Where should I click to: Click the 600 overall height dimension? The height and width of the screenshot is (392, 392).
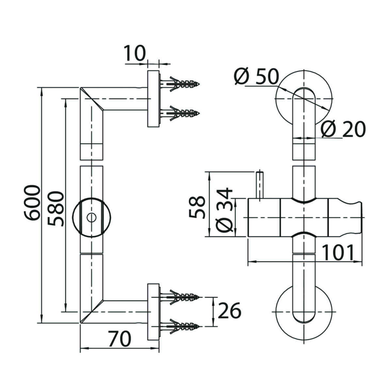[32, 203]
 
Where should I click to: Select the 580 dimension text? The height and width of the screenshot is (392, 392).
[55, 209]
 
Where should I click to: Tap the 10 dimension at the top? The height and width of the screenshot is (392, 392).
[135, 53]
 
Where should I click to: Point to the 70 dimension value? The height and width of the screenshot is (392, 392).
[120, 339]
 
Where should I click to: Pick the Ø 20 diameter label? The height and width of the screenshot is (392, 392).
[343, 129]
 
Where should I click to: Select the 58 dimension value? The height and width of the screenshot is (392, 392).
[197, 207]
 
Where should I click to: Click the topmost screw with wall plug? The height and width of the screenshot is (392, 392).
[180, 84]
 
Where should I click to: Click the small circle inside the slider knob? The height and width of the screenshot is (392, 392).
[91, 218]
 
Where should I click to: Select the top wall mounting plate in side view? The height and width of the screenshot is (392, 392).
[154, 99]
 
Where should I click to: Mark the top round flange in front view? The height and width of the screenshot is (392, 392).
[304, 99]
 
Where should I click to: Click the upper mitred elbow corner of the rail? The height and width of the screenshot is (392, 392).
[92, 99]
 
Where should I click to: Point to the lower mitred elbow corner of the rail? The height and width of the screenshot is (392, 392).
[92, 311]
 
